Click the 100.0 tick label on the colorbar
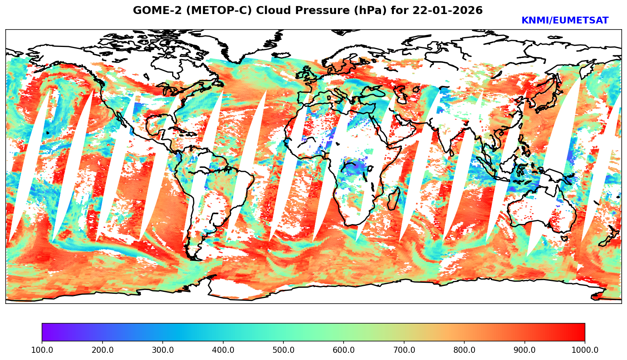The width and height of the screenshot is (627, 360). [42, 350]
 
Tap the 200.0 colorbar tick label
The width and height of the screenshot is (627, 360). [102, 350]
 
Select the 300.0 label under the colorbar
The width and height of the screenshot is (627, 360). [163, 350]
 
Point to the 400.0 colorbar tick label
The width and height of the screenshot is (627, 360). [223, 350]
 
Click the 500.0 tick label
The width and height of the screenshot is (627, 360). [283, 350]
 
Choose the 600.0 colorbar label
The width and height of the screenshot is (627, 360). [344, 350]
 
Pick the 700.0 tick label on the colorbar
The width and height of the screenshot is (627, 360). [404, 350]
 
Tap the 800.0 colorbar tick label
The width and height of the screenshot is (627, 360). [464, 350]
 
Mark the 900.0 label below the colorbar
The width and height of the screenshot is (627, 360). [525, 350]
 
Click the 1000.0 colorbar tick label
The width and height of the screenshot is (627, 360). [585, 350]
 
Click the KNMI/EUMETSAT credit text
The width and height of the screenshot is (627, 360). [565, 21]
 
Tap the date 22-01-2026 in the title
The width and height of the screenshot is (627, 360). [448, 11]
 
